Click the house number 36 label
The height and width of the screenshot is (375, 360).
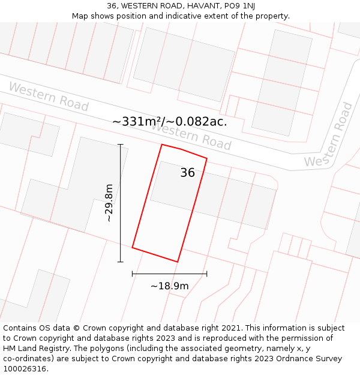coord(187,173)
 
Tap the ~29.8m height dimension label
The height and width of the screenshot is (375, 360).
coord(109,203)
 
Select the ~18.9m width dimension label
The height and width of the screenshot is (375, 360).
coord(169,286)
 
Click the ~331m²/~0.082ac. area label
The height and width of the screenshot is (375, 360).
coord(170,121)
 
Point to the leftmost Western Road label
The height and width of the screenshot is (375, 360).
coord(49,97)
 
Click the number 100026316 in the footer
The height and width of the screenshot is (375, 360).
coord(25,369)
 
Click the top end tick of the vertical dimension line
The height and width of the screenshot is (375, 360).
coord(121,145)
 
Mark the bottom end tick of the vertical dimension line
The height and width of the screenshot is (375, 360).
coord(121,262)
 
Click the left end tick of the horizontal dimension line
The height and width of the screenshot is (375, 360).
coord(132,274)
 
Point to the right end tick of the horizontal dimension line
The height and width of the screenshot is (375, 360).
coord(207,274)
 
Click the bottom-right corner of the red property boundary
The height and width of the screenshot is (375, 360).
coord(178,262)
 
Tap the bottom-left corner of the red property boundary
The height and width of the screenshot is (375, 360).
coord(132,247)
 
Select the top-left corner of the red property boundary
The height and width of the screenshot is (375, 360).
coord(162,145)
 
